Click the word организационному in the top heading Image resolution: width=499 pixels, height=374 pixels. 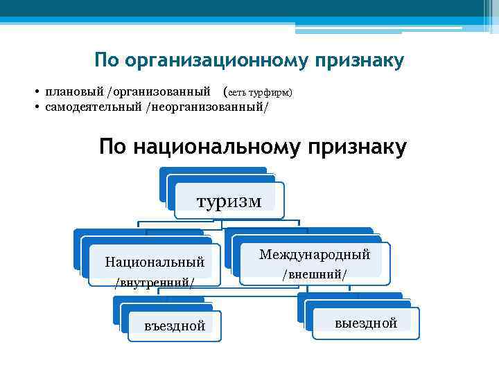click(x=217, y=61)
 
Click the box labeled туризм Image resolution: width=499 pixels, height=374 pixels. click(x=229, y=201)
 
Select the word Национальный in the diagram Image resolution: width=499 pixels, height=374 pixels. click(x=155, y=262)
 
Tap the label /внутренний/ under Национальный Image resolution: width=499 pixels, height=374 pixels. click(x=155, y=282)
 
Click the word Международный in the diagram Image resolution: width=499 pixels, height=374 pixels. click(x=315, y=254)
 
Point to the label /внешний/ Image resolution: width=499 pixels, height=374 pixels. click(x=315, y=274)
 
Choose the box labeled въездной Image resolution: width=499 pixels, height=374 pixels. click(x=175, y=326)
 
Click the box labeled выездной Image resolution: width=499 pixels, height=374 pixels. click(x=365, y=323)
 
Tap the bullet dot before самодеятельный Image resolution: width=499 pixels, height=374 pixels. click(x=35, y=108)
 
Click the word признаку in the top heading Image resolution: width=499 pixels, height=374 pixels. click(x=359, y=61)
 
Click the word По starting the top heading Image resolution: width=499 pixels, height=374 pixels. click(x=107, y=60)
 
